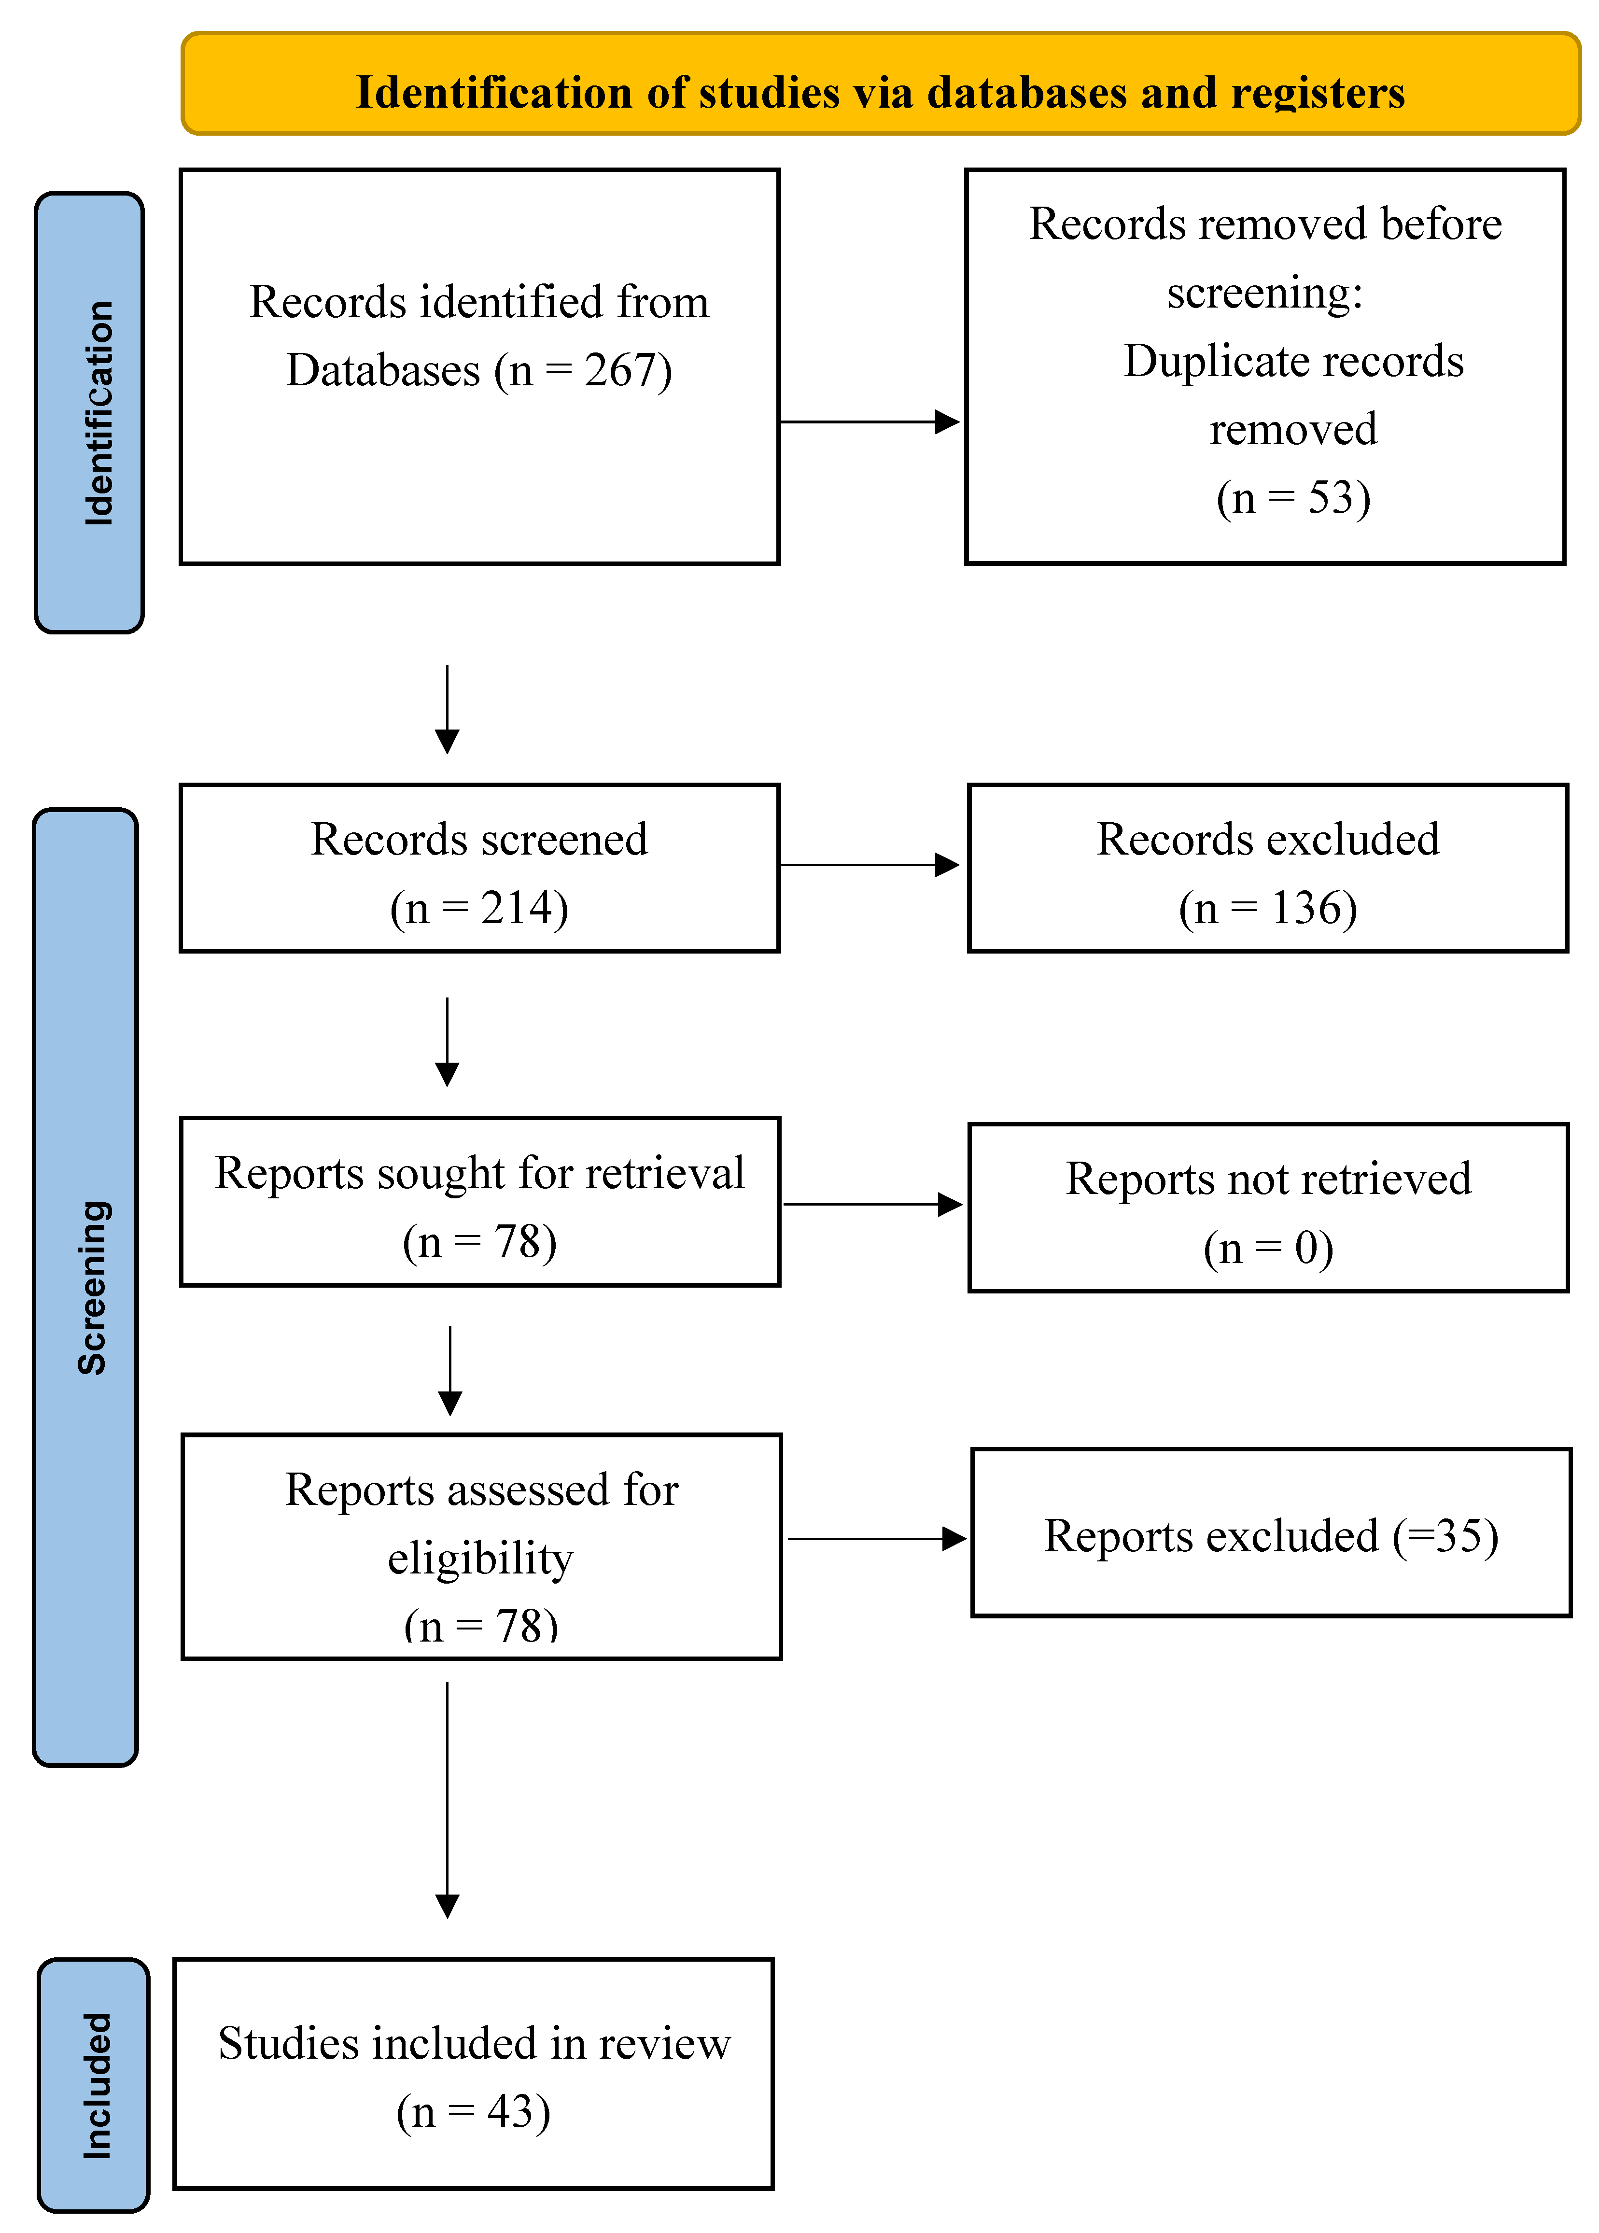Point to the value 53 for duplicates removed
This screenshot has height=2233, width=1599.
tap(1332, 498)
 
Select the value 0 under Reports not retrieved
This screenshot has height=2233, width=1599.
tap(1306, 1249)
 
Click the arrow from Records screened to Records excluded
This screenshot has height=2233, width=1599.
tap(869, 865)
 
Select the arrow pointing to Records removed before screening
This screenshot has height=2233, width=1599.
tap(869, 422)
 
